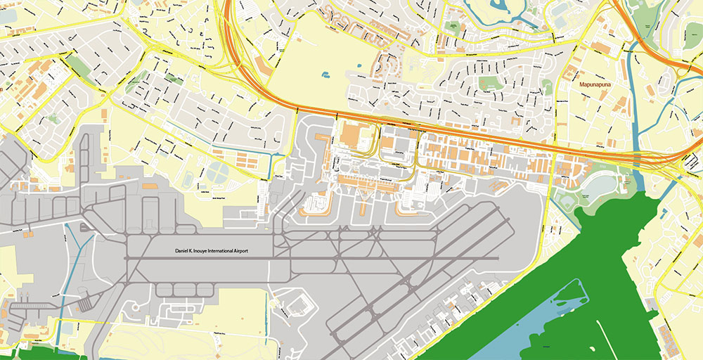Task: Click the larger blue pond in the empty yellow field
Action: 325,75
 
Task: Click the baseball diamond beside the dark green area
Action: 567,202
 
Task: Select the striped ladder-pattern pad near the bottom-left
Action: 84,304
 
